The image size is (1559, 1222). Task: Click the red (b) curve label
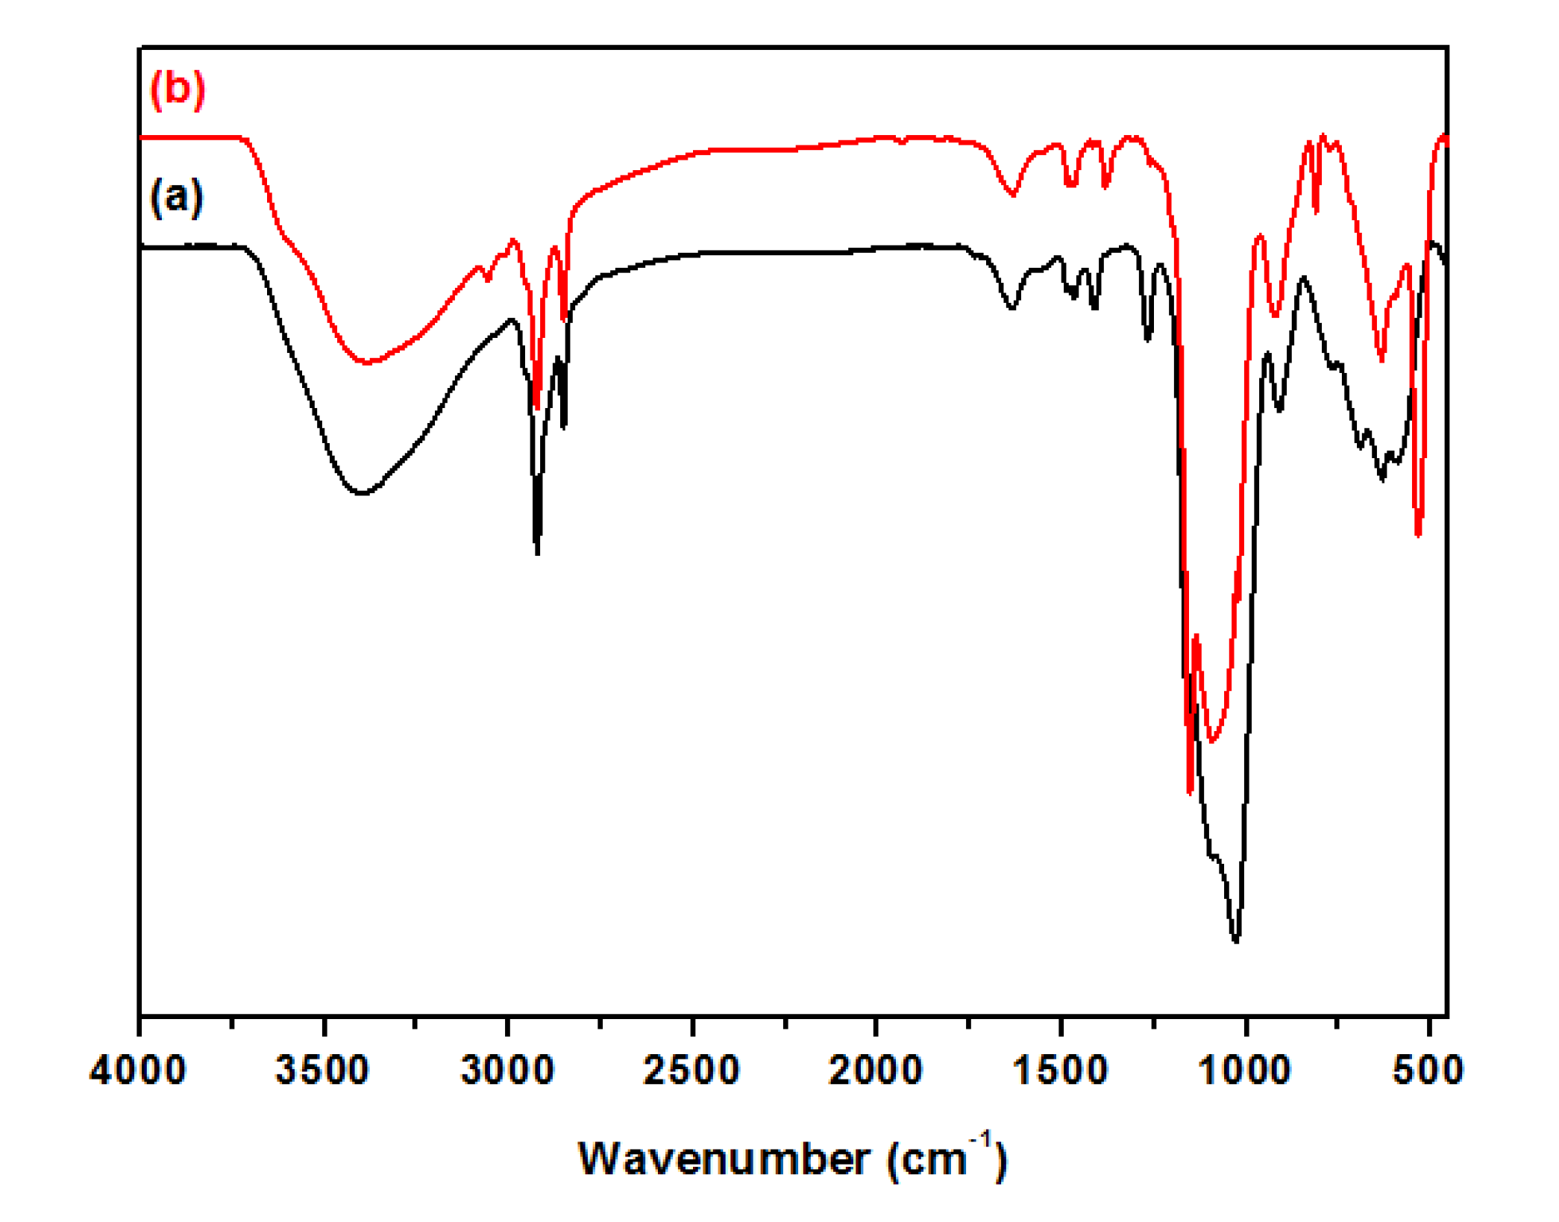coord(177,89)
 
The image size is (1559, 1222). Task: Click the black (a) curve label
coord(176,197)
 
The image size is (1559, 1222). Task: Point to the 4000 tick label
coord(138,1070)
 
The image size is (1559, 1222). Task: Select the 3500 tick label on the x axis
coord(322,1070)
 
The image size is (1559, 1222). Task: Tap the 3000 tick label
coord(507,1070)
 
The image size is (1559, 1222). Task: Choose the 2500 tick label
coord(691,1070)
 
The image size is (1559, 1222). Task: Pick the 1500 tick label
coord(1060,1070)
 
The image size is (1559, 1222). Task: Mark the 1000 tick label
coord(1244,1070)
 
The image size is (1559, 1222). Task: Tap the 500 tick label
coord(1428,1070)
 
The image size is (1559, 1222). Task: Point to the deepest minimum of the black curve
coord(1236,941)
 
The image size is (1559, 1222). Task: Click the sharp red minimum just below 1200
coord(1190,791)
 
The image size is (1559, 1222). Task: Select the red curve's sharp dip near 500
coord(1418,534)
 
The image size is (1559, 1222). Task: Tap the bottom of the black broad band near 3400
coord(362,493)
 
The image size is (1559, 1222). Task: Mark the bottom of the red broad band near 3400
coord(366,363)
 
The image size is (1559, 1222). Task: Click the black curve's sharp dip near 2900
coord(537,552)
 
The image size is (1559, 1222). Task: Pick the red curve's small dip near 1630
coord(1012,195)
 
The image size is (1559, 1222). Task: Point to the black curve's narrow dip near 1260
coord(1148,339)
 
